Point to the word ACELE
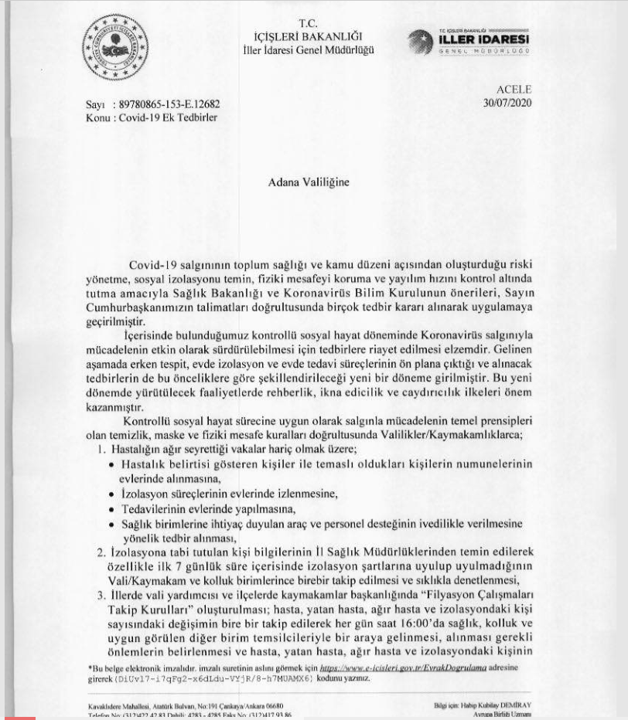click(514, 90)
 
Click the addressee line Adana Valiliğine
click(308, 183)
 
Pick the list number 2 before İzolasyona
click(101, 553)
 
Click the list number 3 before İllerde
click(101, 596)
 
